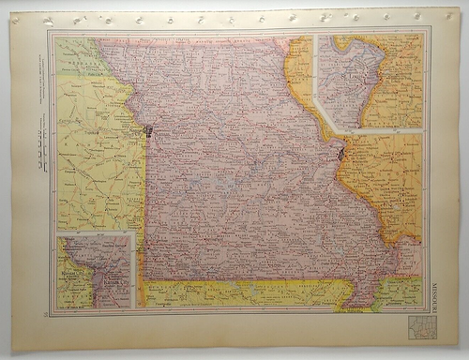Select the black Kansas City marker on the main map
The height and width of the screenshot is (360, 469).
(x=147, y=130)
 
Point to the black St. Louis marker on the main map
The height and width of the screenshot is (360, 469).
(x=341, y=149)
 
